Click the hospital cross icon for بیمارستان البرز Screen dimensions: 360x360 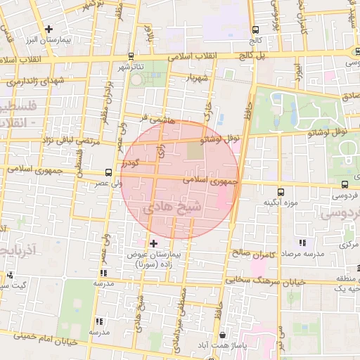[x=49, y=30]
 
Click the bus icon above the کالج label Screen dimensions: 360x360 [x=255, y=30]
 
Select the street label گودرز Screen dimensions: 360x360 [x=131, y=163]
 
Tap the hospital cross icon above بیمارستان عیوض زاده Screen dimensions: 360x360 [x=154, y=243]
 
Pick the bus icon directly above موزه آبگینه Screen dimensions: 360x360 [x=281, y=191]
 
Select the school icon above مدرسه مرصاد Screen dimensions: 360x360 [x=304, y=241]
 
